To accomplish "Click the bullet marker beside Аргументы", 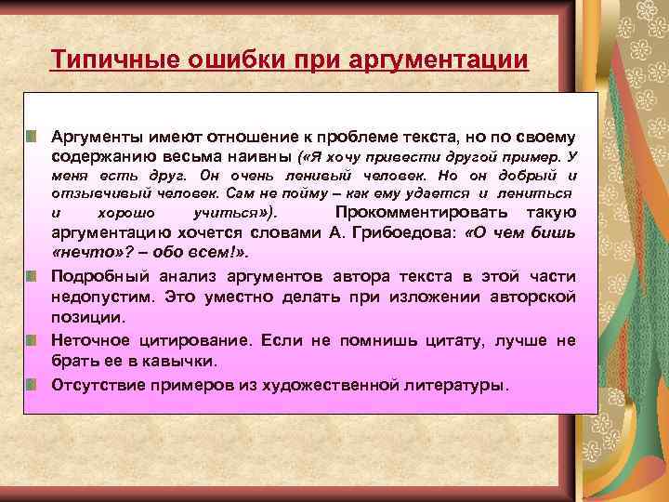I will pyautogui.click(x=33, y=138).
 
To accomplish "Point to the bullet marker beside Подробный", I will pyautogui.click(x=33, y=276).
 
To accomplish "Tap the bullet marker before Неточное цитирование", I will pyautogui.click(x=33, y=340).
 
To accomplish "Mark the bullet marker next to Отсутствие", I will pyautogui.click(x=33, y=382).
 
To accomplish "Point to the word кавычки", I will pyautogui.click(x=178, y=361).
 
